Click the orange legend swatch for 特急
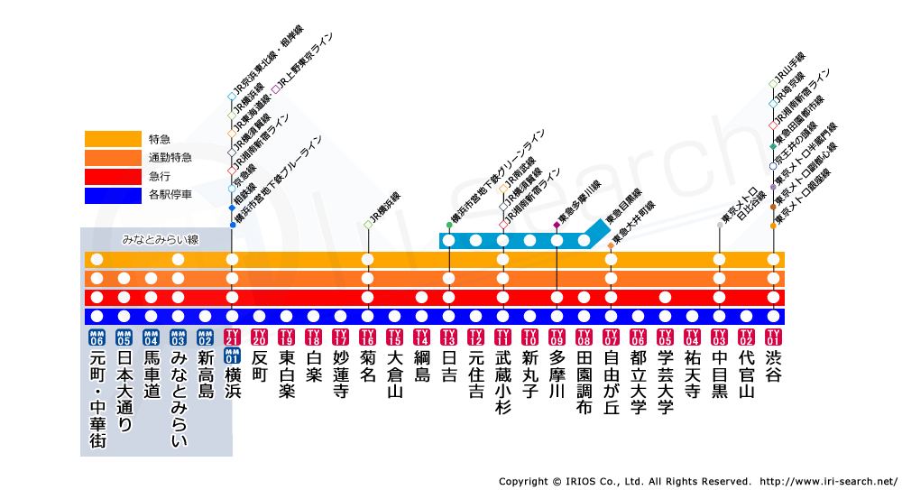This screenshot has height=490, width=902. (x=114, y=139)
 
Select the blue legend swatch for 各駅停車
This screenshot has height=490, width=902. (x=114, y=195)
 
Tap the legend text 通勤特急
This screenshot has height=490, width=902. (x=170, y=158)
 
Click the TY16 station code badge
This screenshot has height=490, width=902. (x=367, y=337)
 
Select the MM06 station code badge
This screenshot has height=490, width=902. (x=97, y=337)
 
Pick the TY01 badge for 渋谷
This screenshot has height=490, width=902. (x=773, y=337)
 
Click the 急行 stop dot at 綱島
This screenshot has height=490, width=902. (x=421, y=297)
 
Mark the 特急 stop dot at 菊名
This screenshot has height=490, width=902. (x=367, y=260)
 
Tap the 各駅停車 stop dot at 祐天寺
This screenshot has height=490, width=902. (x=692, y=316)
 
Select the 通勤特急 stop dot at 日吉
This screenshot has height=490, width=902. (x=448, y=278)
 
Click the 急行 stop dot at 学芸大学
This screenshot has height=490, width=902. (x=665, y=297)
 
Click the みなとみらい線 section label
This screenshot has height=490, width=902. (x=160, y=240)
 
